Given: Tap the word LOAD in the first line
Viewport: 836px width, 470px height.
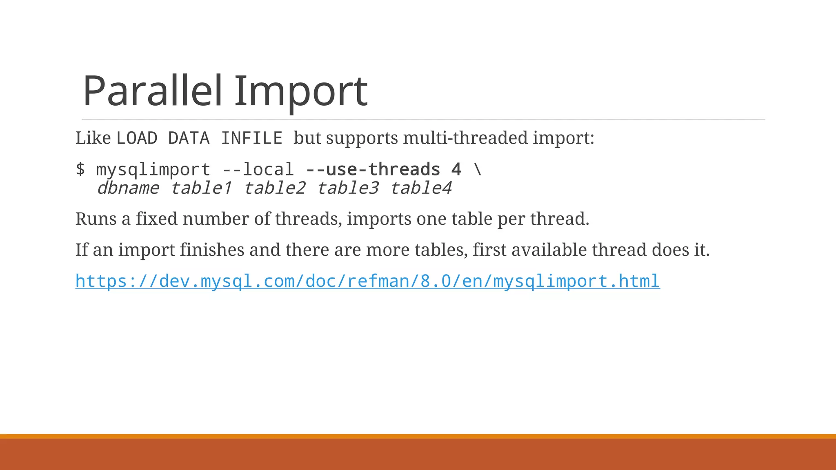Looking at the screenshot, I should tap(137, 138).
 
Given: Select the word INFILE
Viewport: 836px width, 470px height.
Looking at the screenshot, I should tap(251, 138).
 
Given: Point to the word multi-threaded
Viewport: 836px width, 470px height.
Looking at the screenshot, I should tap(466, 138).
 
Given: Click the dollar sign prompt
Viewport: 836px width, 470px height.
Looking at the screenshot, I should tap(80, 169).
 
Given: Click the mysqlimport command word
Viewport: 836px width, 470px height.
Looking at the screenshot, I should tap(153, 169).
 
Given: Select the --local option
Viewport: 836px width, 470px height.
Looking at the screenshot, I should tap(258, 169).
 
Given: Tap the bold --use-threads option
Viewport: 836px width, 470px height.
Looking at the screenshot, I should tap(373, 169).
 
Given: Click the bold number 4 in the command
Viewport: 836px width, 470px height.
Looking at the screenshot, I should tap(456, 169).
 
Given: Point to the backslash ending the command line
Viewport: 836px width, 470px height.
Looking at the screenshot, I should tap(478, 169).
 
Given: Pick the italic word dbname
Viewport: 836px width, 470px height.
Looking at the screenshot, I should tap(128, 188).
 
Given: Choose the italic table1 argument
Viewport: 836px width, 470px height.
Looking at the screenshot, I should tap(201, 188).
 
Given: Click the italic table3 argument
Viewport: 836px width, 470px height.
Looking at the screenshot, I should tap(347, 188).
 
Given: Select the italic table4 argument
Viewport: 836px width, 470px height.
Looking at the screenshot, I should tap(421, 188).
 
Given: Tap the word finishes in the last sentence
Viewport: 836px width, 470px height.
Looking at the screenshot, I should tap(212, 250).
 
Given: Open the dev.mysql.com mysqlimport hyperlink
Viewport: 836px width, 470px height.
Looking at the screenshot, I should tap(367, 281).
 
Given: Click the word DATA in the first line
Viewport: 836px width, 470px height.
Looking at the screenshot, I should tap(189, 138).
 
